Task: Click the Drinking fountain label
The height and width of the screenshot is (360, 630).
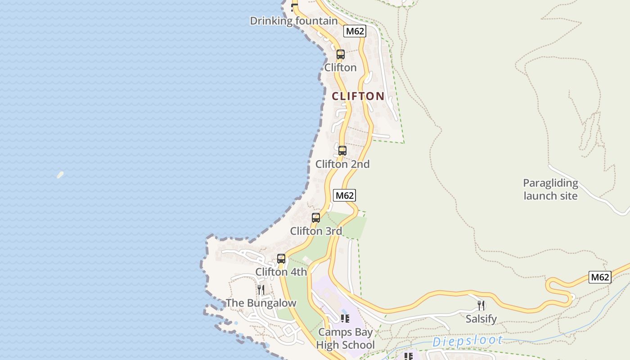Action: pos(293,21)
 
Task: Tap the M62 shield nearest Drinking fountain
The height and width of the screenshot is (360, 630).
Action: pos(355,31)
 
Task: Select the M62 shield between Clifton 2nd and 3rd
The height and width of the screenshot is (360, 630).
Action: pos(344,195)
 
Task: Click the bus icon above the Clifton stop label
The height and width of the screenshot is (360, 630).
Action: pos(340,54)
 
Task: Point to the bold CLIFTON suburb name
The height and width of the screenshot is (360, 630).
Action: pos(358,96)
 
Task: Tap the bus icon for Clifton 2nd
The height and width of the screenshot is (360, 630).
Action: pos(342,151)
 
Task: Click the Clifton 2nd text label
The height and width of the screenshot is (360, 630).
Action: pos(342,164)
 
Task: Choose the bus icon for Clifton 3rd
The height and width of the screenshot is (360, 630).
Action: pos(316,218)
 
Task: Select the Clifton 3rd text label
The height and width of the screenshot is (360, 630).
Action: pos(316,231)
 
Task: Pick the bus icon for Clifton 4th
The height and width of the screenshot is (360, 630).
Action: pos(281,259)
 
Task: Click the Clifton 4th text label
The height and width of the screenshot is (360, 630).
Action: pos(281,272)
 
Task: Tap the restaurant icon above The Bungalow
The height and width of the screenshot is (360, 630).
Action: pos(261,289)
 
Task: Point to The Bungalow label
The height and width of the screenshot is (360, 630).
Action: pos(261,303)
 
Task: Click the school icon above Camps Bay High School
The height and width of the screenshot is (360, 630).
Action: pos(345,319)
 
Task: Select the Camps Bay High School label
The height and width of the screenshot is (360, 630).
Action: pos(345,338)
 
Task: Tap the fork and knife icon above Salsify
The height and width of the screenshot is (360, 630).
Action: pos(481,306)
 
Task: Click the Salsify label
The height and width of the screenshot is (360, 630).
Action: pos(481,319)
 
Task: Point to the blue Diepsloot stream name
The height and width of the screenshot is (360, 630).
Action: pos(468,341)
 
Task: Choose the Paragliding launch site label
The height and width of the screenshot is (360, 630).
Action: pos(550,189)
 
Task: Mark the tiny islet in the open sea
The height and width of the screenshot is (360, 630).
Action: pos(60,175)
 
